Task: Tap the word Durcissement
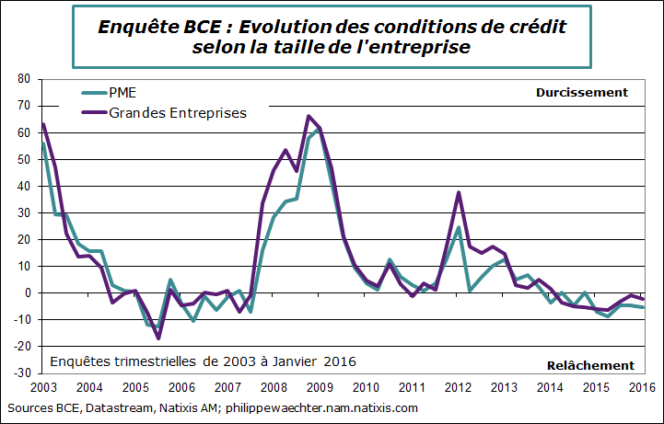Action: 581,92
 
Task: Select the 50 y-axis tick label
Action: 25,159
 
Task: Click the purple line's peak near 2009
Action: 309,117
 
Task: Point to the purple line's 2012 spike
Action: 459,192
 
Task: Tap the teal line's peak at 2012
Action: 459,227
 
